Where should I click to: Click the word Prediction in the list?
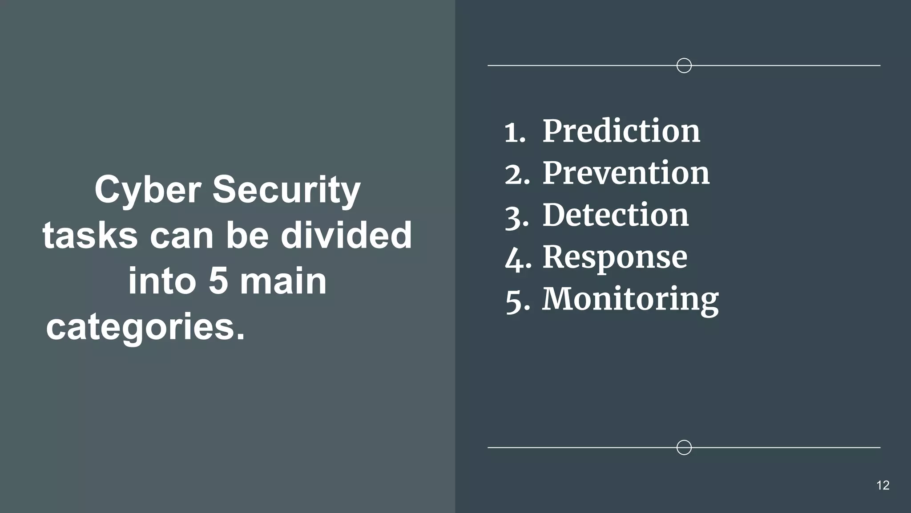pos(621,131)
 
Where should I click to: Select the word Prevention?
pos(626,173)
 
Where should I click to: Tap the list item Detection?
pos(616,215)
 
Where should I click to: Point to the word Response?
pos(615,257)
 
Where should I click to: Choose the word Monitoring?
pos(630,299)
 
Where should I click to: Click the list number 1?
pos(514,133)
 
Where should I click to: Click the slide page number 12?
pos(883,485)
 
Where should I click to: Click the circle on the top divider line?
pos(684,65)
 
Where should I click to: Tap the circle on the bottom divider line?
pos(684,447)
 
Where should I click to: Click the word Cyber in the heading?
pos(148,190)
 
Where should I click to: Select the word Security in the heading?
pos(286,190)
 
